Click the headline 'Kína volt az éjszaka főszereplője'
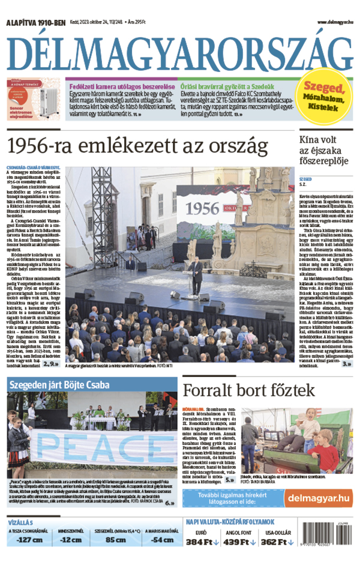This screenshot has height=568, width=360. click(x=325, y=153)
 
